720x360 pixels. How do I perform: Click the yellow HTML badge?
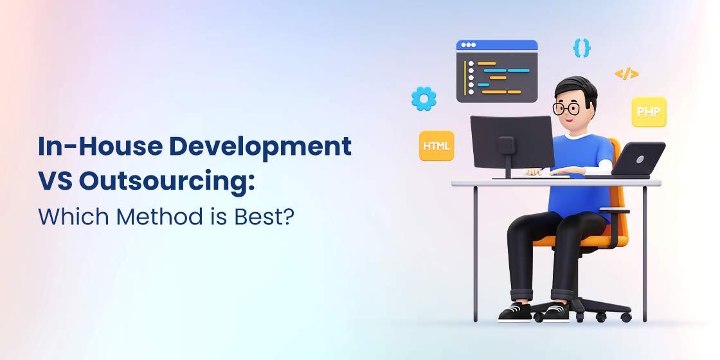point(437,146)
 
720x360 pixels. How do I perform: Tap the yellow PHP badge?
point(648,112)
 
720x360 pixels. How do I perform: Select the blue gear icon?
point(424,98)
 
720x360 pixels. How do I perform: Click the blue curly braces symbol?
point(582,47)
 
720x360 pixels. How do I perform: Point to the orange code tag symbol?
point(626,74)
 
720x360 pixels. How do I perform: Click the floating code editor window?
point(496,71)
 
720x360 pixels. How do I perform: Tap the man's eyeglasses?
point(566,109)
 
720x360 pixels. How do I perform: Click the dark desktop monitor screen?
point(512,143)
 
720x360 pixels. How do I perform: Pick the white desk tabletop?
point(556,183)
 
